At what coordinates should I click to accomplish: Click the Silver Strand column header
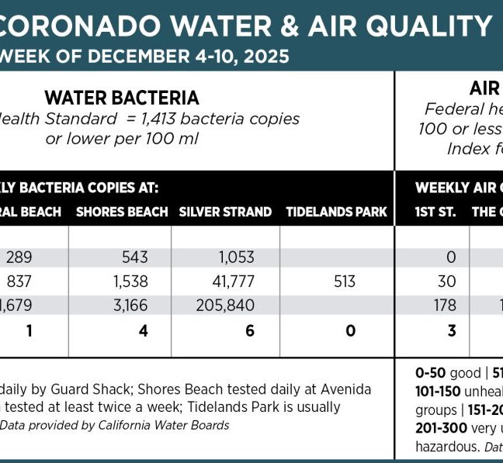[225, 212]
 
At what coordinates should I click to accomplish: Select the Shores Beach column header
[122, 212]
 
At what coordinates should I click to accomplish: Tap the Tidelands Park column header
[336, 212]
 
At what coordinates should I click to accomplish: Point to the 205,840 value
[225, 306]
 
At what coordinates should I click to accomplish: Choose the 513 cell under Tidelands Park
[345, 282]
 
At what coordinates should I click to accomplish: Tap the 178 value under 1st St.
[445, 306]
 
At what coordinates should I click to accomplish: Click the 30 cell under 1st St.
[446, 282]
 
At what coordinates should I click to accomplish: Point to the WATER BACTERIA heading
[122, 98]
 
